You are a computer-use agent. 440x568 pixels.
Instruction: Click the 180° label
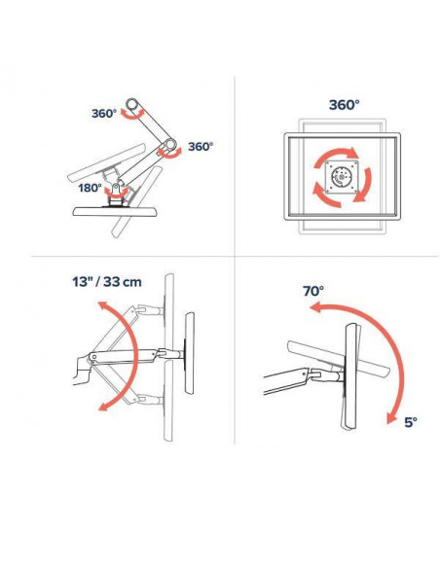90,188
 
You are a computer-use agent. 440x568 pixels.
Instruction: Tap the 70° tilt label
313,291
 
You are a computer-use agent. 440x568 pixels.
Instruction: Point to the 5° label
411,422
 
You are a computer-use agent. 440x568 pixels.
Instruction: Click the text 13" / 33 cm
107,282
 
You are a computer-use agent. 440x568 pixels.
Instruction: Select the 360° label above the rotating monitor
344,105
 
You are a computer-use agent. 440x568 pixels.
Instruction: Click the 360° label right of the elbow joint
201,146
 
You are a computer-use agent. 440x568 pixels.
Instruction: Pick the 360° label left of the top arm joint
104,114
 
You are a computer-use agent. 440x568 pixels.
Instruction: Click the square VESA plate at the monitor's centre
342,177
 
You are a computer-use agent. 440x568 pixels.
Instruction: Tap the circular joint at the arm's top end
131,104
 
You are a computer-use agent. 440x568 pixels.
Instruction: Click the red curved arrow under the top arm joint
132,115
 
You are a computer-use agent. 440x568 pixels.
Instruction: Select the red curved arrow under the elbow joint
170,154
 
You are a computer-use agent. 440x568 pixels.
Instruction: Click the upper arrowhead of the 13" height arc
103,306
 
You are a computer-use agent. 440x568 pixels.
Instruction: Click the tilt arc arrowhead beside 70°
315,308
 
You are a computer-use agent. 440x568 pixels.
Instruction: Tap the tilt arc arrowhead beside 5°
390,418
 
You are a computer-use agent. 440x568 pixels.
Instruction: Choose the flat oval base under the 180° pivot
115,211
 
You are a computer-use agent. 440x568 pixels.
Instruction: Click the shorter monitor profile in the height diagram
190,353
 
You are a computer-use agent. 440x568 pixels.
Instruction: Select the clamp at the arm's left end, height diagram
81,372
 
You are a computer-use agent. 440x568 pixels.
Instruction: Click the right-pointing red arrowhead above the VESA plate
352,153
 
